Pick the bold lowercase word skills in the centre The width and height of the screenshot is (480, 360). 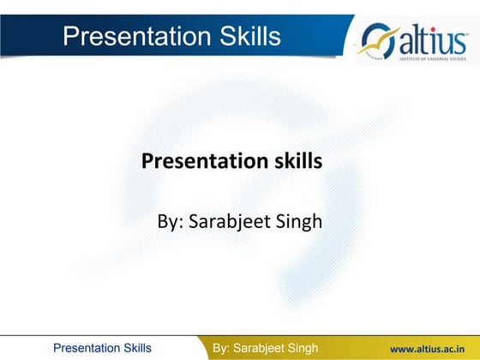(x=295, y=160)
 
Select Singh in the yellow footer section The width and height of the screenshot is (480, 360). (x=301, y=348)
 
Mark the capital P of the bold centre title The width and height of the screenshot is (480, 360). (x=147, y=160)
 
